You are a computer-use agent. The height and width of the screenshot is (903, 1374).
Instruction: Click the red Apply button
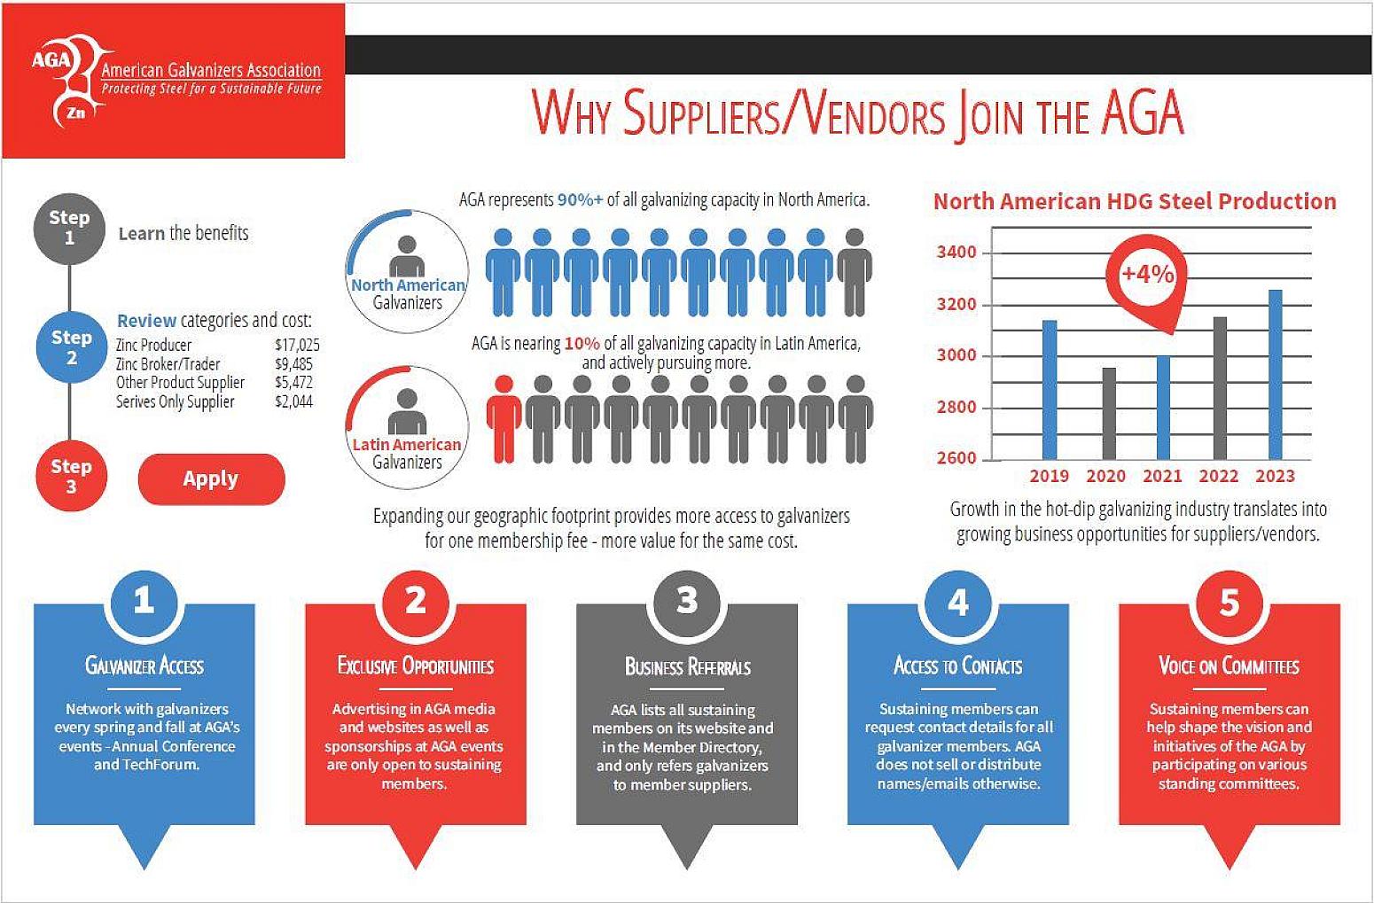pos(211,479)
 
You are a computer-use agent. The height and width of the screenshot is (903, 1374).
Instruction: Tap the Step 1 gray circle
pos(69,228)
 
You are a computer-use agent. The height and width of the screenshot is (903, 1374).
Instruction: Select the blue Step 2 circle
pos(71,346)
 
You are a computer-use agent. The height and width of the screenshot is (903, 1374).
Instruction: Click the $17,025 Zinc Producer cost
pos(297,345)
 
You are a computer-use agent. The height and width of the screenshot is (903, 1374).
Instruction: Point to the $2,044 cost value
pos(293,401)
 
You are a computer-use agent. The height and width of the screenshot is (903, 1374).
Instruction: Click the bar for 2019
pos(1050,390)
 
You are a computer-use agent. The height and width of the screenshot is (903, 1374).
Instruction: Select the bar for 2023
pos(1275,374)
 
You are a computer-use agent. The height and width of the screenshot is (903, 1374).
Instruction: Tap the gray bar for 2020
pos(1108,413)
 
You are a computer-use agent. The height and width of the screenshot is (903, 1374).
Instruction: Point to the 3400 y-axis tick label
pos(956,253)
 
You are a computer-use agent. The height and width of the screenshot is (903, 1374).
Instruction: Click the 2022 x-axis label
pos(1218,476)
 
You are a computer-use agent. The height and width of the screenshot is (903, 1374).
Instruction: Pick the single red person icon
pos(504,419)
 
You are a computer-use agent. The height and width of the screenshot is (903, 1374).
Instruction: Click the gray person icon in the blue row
pos(855,272)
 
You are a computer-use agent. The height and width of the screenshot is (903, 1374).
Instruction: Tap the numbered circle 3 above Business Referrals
pos(686,602)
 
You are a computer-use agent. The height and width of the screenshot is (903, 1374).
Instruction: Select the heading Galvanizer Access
pos(144,666)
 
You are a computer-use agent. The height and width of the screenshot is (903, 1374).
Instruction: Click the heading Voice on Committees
pos(1229,666)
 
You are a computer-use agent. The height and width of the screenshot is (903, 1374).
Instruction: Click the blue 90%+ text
pos(580,200)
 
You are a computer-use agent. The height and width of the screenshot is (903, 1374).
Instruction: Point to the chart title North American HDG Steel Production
pos(1135,201)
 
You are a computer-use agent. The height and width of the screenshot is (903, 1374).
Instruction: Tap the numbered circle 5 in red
pos(1229,602)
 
